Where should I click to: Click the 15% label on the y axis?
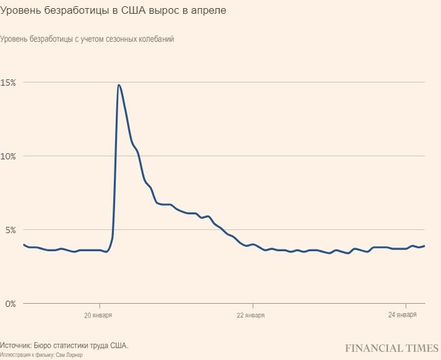click(x=8, y=82)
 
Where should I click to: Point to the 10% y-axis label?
click(x=8, y=156)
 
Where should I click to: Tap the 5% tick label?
click(x=7, y=229)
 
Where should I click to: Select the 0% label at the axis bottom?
click(x=7, y=304)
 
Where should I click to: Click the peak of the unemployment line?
click(x=119, y=85)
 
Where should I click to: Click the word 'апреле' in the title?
click(x=210, y=11)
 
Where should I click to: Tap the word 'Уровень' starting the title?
click(x=20, y=11)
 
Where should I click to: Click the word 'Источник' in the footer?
click(x=18, y=346)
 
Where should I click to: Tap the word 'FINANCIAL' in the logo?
click(x=375, y=347)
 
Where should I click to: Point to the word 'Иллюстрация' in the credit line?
click(x=15, y=355)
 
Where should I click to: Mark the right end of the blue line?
click(x=425, y=246)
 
